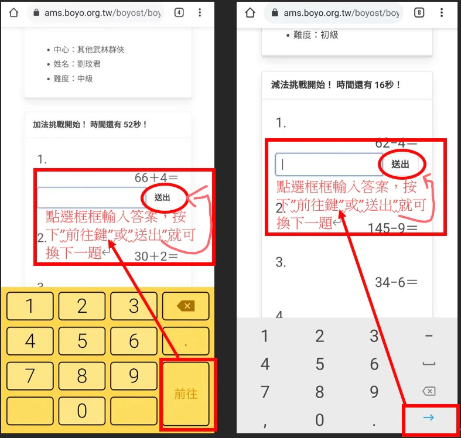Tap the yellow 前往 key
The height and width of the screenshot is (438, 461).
pyautogui.click(x=186, y=393)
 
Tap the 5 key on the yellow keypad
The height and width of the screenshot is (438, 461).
pyautogui.click(x=82, y=341)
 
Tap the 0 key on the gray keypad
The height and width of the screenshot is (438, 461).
pyautogui.click(x=320, y=420)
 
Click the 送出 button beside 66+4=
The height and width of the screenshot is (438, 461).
pyautogui.click(x=162, y=197)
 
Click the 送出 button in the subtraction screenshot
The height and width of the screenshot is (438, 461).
pyautogui.click(x=400, y=164)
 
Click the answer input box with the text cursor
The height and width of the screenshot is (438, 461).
pyautogui.click(x=329, y=165)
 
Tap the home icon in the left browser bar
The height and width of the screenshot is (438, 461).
pyautogui.click(x=14, y=13)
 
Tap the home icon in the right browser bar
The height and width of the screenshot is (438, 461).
pyautogui.click(x=250, y=13)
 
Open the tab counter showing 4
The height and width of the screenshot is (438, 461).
pyautogui.click(x=179, y=12)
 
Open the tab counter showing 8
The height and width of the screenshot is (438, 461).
pyautogui.click(x=419, y=12)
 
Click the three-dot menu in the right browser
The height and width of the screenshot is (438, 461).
pyautogui.click(x=442, y=12)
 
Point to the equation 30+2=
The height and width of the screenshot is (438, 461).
pyautogui.click(x=156, y=256)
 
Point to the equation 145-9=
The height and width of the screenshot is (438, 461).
pyautogui.click(x=392, y=228)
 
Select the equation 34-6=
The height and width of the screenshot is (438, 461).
pyautogui.click(x=396, y=282)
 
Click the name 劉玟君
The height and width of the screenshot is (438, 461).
pyautogui.click(x=89, y=64)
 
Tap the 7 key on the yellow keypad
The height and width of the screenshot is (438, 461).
pyautogui.click(x=30, y=376)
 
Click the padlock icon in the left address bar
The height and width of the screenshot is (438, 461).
pyautogui.click(x=36, y=12)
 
